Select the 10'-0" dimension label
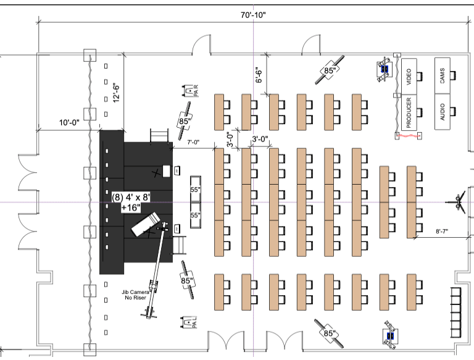point(69,122)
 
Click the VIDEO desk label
point(408,75)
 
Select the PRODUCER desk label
point(408,112)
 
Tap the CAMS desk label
point(443,75)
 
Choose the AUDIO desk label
point(443,112)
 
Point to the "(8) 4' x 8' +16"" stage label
point(132,202)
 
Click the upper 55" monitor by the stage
point(195,190)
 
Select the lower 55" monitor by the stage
point(195,216)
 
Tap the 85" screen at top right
point(330,71)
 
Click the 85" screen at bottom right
point(329,333)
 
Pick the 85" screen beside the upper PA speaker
point(185,121)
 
